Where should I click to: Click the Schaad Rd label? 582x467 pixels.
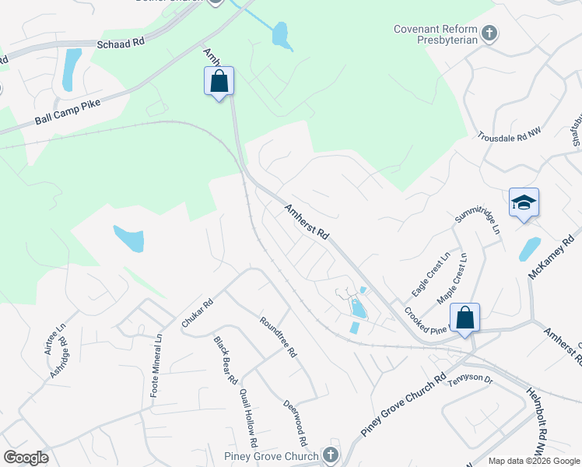tap(121, 44)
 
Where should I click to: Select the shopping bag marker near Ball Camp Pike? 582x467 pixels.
tap(219, 81)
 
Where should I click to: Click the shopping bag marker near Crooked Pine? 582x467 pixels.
tap(465, 318)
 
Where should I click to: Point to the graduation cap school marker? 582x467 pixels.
tap(524, 203)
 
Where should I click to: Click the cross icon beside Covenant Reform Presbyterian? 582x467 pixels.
tap(489, 33)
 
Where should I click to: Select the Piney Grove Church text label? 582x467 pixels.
tap(270, 456)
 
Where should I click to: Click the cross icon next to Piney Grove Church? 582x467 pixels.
tap(330, 455)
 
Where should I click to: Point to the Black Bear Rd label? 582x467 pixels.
tap(226, 359)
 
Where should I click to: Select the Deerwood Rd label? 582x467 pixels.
tap(292, 416)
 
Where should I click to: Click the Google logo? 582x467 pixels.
tap(26, 457)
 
